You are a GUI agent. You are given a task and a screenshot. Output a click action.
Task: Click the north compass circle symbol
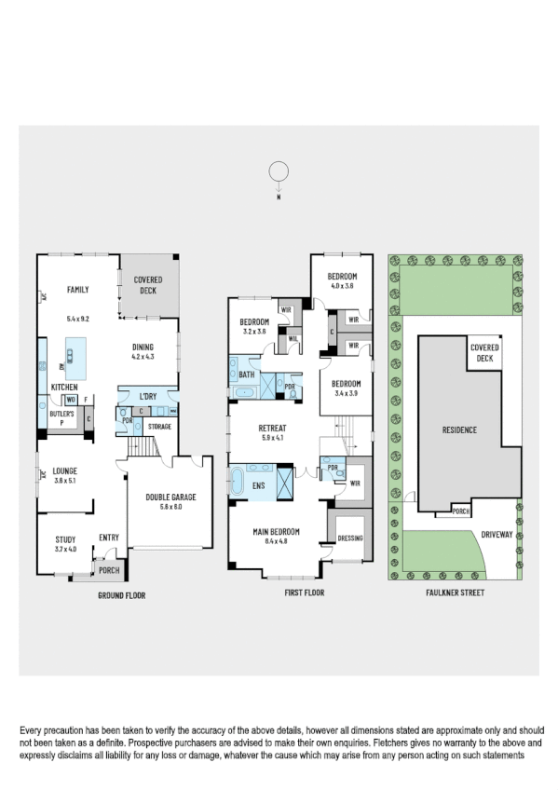tap(277, 171)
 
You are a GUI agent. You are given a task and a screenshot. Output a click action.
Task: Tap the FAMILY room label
tap(77, 291)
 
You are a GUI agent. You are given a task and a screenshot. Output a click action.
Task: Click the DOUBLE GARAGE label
tap(169, 497)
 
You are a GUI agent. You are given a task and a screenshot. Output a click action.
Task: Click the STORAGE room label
tap(158, 426)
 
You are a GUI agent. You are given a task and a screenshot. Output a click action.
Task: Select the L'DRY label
tap(148, 397)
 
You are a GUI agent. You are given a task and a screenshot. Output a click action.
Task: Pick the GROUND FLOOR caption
tap(122, 594)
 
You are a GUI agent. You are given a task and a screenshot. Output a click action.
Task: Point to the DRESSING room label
tap(350, 538)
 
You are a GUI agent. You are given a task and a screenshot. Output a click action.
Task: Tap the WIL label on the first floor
tap(293, 339)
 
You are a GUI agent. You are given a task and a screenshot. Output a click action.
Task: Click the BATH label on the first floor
tap(247, 375)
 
